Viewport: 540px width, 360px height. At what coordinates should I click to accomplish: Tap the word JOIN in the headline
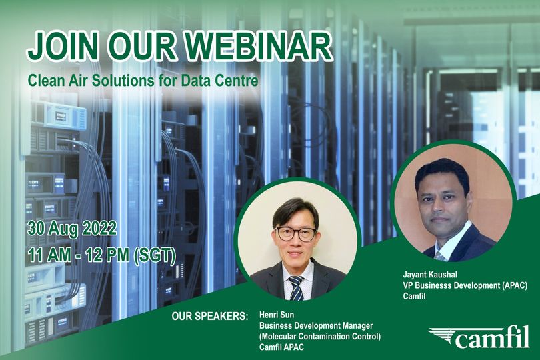[x=65, y=47]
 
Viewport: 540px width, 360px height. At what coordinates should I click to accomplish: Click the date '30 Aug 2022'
[x=72, y=228]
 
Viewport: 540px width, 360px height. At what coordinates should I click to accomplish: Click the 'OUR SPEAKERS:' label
[x=209, y=314]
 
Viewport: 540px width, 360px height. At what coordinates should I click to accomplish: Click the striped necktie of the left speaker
[x=296, y=287]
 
